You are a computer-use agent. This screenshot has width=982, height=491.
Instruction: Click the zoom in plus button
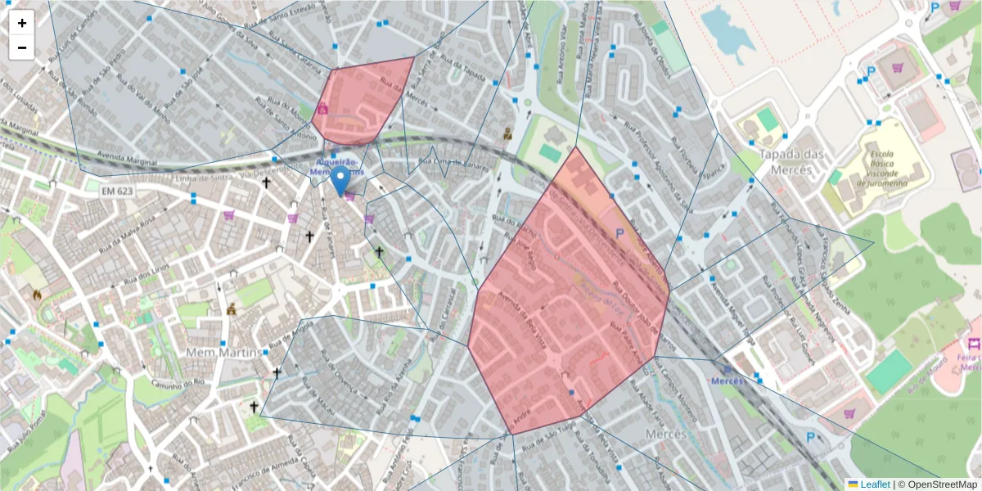click(22, 23)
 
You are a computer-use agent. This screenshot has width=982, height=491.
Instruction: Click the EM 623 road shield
click(118, 191)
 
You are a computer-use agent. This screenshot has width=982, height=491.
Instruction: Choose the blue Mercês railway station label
click(727, 381)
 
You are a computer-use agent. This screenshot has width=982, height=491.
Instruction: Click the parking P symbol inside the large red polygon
click(619, 233)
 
